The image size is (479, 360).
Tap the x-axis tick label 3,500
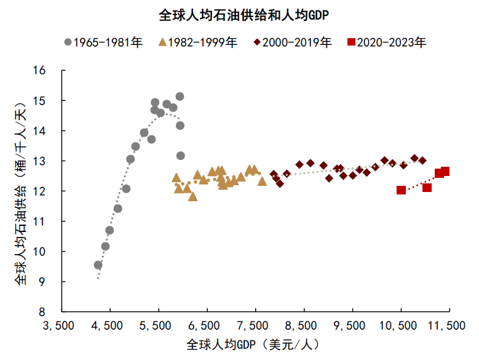click(x=61, y=324)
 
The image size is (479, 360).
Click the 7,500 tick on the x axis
click(x=255, y=324)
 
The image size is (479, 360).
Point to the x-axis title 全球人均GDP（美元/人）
click(x=254, y=343)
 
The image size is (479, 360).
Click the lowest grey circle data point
click(x=98, y=265)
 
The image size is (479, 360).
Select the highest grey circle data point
click(x=180, y=97)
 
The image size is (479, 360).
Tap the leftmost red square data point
click(x=402, y=190)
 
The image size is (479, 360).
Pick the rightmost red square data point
click(x=445, y=172)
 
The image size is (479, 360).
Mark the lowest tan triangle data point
click(x=192, y=197)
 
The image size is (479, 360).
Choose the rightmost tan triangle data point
click(x=263, y=182)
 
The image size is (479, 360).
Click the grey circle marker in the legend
click(x=68, y=42)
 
